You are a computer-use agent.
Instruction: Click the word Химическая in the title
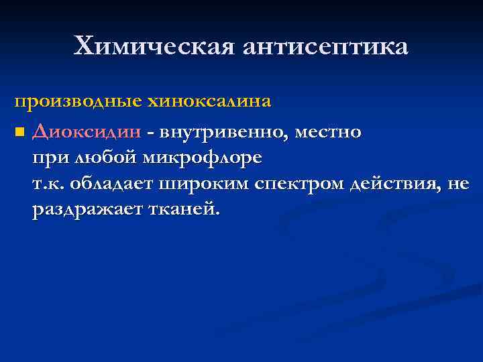click(156, 46)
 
